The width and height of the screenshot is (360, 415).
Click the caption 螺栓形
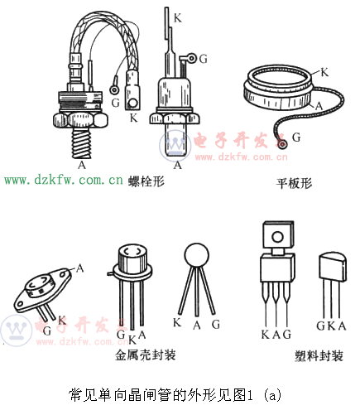[146, 181]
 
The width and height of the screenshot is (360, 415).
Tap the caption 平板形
[294, 183]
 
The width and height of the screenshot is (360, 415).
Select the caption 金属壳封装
[146, 355]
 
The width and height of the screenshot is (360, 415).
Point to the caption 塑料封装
[319, 356]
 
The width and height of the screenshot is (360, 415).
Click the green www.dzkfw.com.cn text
[64, 180]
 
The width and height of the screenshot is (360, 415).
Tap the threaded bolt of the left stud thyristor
[81, 143]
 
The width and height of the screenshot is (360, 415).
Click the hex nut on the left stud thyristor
[80, 120]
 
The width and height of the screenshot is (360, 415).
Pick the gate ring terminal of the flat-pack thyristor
[282, 144]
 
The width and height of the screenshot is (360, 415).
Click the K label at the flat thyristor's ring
[324, 72]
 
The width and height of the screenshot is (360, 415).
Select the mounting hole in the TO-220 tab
[277, 237]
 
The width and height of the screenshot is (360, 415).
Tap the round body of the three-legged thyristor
[196, 255]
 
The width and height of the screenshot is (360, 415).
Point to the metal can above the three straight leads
[132, 258]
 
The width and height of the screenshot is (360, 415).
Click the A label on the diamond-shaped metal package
[80, 268]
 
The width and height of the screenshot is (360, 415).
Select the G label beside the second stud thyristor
[203, 59]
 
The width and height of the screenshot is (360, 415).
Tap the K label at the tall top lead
[178, 18]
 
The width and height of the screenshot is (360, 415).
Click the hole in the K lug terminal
[133, 103]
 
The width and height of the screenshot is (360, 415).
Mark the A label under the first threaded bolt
[82, 165]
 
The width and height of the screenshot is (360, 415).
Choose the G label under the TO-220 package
[287, 335]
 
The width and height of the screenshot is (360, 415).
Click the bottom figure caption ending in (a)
[175, 394]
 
